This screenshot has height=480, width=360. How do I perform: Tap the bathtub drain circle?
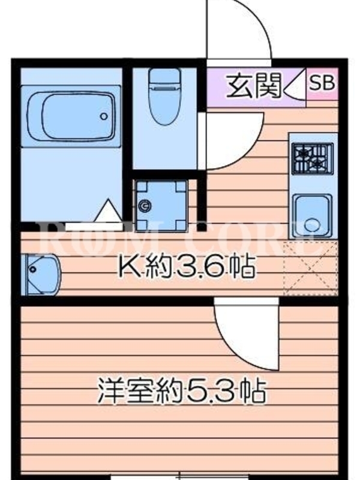point(104,116)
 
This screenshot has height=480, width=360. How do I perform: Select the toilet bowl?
point(164,104)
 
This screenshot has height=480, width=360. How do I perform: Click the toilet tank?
point(164,76)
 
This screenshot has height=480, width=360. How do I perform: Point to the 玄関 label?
point(253,86)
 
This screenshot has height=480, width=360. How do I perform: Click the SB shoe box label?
point(322,83)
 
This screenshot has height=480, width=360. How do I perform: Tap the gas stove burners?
point(312,159)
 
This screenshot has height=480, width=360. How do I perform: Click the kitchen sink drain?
point(312,225)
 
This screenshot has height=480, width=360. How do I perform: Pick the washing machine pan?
point(161,206)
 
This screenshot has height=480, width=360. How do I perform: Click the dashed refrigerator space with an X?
point(311,268)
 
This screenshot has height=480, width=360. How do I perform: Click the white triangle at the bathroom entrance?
point(107,211)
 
